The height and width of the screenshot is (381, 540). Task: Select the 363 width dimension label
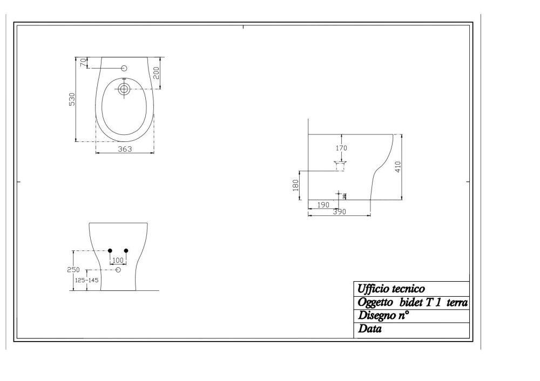coord(125,148)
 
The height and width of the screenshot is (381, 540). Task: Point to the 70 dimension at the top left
coord(83,63)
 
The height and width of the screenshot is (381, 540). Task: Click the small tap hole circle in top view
coord(124,69)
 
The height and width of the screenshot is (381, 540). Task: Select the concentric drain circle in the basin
coord(124,89)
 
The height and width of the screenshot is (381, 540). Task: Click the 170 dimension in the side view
coord(341,147)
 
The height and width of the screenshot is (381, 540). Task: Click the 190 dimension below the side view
coord(323,205)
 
